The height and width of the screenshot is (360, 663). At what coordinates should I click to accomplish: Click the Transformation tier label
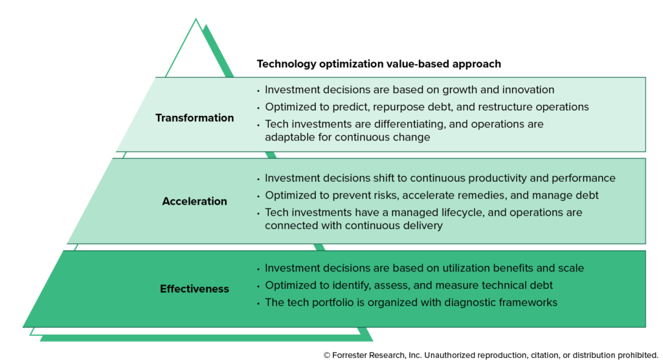[194, 118]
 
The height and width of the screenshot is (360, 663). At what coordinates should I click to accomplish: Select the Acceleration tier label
[194, 201]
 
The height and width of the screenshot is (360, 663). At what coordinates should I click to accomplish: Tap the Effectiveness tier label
[194, 289]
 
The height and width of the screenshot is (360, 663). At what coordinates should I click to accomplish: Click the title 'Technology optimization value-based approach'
[379, 64]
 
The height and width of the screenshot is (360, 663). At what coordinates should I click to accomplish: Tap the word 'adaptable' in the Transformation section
[287, 137]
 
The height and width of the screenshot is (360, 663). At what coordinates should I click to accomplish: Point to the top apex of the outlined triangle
[196, 19]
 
